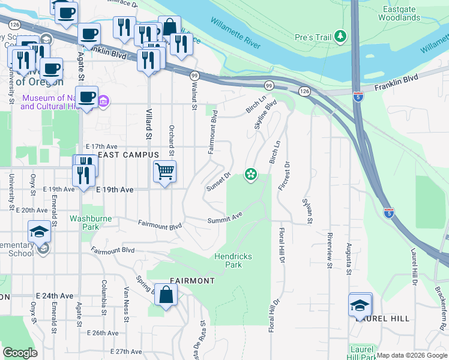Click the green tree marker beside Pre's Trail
click(341, 37)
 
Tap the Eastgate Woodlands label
click(399, 13)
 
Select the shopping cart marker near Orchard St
click(164, 172)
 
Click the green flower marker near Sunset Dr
click(250, 175)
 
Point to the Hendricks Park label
click(234, 260)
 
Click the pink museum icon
click(103, 101)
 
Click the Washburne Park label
click(91, 223)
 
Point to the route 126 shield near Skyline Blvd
click(304, 91)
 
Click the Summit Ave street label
click(224, 217)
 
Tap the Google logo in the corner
click(20, 353)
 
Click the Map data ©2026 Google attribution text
click(411, 355)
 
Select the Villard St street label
click(149, 123)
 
